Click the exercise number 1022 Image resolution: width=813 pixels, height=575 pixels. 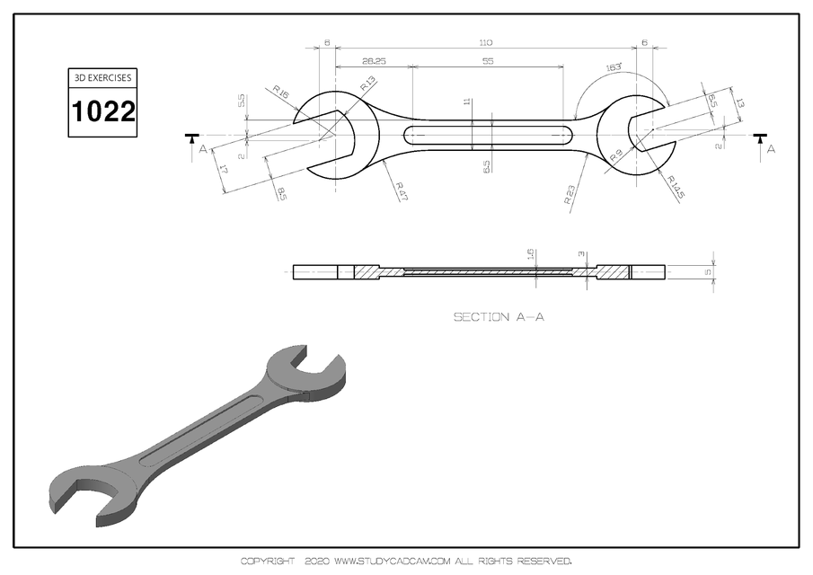pyautogui.click(x=103, y=111)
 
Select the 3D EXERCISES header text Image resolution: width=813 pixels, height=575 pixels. pyautogui.click(x=103, y=78)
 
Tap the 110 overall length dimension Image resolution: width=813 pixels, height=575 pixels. pyautogui.click(x=486, y=42)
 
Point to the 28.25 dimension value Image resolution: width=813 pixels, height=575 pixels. pyautogui.click(x=374, y=61)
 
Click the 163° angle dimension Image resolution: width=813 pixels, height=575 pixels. pyautogui.click(x=614, y=66)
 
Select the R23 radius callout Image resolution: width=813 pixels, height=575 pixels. pyautogui.click(x=570, y=196)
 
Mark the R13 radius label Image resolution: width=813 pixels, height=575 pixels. pyautogui.click(x=368, y=84)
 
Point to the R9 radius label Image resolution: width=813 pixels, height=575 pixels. pyautogui.click(x=616, y=155)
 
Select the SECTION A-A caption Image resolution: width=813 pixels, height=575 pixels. pyautogui.click(x=499, y=316)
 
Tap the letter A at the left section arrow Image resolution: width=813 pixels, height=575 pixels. pyautogui.click(x=203, y=149)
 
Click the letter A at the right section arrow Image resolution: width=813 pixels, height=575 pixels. pyautogui.click(x=770, y=149)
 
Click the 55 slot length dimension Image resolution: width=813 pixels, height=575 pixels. pyautogui.click(x=488, y=61)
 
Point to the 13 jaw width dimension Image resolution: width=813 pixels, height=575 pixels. pyautogui.click(x=738, y=104)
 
